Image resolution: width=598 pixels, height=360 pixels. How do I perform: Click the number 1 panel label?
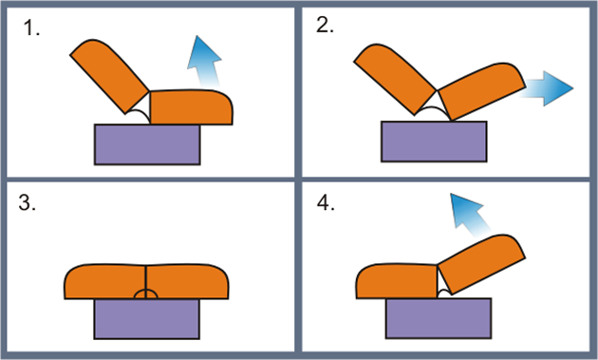point(31,28)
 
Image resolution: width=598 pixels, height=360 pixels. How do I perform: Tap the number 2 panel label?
point(325,26)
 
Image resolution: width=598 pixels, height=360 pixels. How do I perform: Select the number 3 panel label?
point(28,202)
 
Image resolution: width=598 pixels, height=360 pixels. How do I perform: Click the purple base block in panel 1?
point(147,144)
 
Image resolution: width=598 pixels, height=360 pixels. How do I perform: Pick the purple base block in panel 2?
point(434,142)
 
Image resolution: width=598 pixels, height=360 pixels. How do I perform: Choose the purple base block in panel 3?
point(147,319)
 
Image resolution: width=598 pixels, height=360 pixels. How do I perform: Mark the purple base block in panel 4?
point(439,318)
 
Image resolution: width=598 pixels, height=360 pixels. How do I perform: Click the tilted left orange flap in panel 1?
point(109,76)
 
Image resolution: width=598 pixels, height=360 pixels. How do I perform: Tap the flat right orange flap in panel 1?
point(191,107)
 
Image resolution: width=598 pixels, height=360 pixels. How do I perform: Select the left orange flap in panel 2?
point(395,79)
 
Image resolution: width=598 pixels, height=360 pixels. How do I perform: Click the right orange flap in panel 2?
point(482,91)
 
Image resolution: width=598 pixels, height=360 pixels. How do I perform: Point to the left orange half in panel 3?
point(104,281)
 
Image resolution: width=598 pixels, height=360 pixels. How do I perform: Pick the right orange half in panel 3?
point(187,281)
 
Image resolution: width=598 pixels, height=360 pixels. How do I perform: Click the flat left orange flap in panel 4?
point(397,281)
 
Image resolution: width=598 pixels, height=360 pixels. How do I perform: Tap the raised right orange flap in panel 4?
point(481,265)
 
